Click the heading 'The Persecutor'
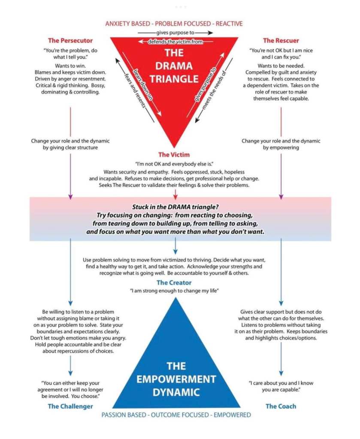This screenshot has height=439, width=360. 70,41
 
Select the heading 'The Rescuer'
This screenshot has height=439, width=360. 281,41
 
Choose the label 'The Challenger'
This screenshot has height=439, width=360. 70,406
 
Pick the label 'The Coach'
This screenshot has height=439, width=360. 281,406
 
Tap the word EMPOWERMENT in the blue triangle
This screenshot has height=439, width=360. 176,379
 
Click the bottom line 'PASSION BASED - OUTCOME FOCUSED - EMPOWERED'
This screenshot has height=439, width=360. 176,415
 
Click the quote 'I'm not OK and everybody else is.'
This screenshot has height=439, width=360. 174,164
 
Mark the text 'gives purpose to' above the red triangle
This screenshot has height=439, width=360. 175,33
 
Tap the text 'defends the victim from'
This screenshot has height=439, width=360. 175,42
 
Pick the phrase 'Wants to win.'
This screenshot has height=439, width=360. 70,66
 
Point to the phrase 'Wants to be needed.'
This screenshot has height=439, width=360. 281,66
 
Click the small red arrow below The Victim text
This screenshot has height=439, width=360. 175,194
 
